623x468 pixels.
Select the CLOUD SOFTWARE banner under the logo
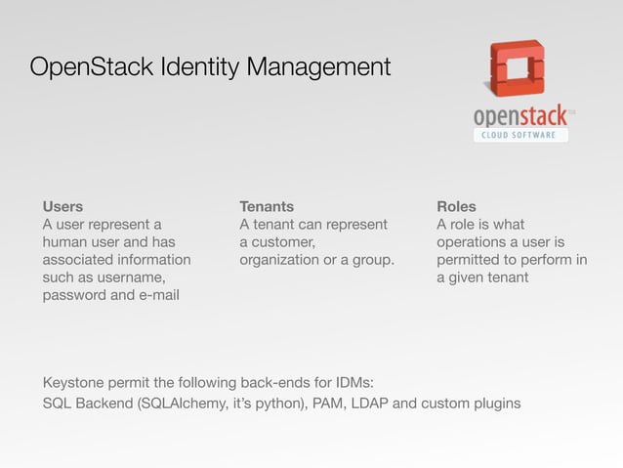coord(520,135)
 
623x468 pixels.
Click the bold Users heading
coord(62,207)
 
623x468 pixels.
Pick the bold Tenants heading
coord(267,207)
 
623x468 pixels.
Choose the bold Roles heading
coord(457,207)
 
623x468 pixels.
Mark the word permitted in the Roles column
coord(470,260)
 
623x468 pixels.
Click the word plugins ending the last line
coord(494,404)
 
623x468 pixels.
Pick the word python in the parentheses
coord(275,404)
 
